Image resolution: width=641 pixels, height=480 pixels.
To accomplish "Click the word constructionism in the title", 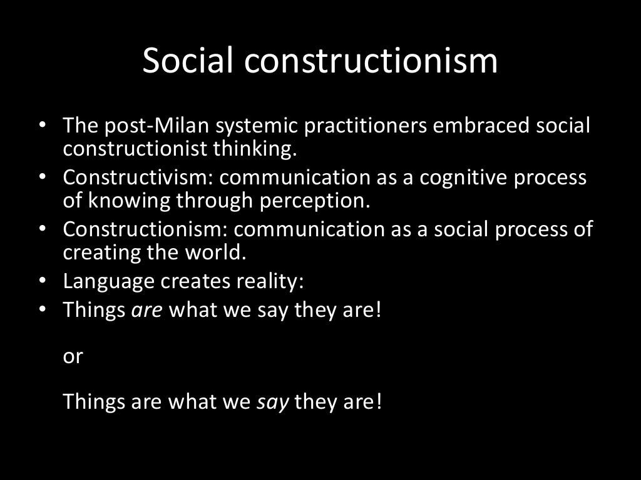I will point(371,60).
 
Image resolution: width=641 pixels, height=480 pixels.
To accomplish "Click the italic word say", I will point(273,401).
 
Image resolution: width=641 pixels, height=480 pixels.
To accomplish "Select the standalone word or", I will point(73,356).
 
